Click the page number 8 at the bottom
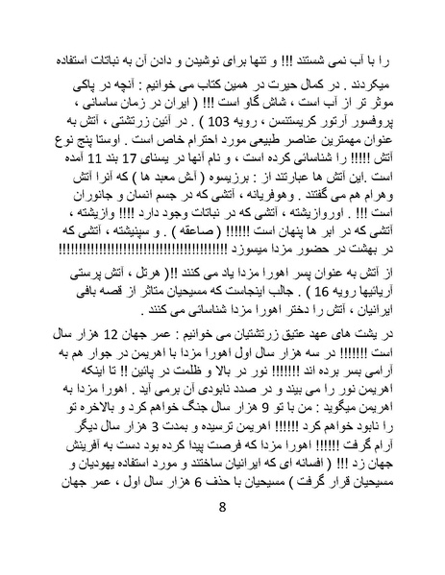tap(222, 535)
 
